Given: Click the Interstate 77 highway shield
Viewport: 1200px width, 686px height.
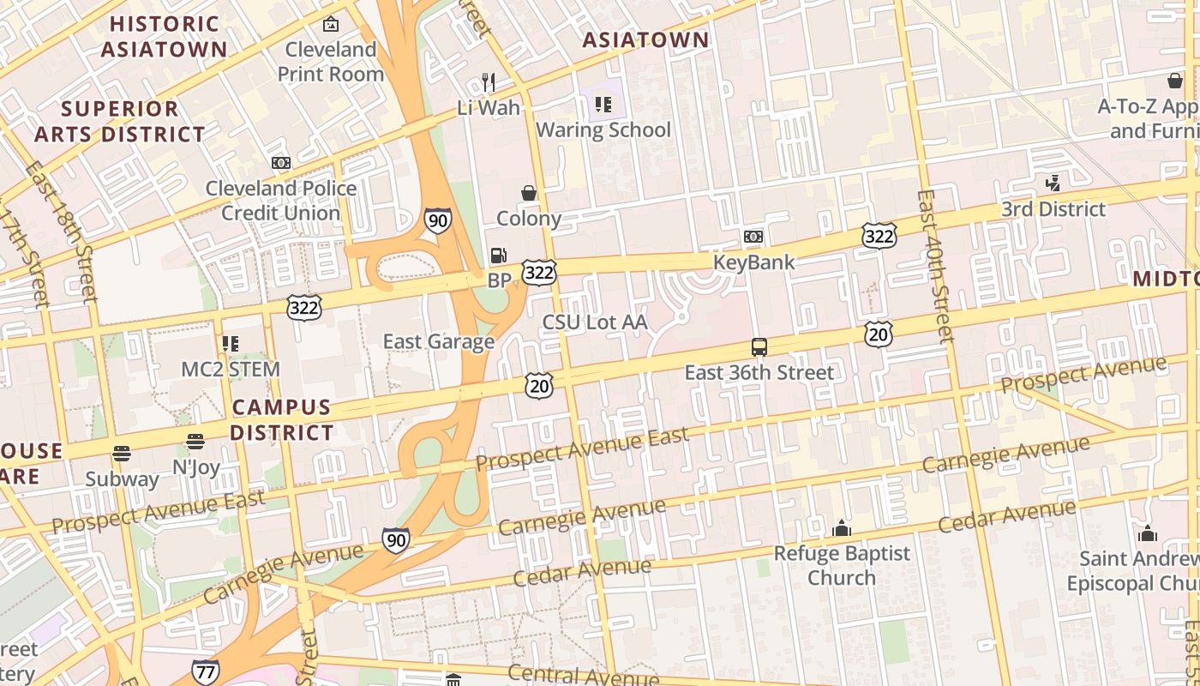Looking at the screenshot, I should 206,672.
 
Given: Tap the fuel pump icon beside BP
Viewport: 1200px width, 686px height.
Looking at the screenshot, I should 498,256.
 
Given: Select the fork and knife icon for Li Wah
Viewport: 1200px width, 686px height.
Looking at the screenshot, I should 489,82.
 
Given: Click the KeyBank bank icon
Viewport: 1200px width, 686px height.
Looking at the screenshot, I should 753,237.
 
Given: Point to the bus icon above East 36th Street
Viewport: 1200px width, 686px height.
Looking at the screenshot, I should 759,347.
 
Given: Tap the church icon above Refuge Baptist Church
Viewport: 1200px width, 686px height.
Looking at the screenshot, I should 842,528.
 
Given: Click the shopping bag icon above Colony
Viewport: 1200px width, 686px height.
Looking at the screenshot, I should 529,193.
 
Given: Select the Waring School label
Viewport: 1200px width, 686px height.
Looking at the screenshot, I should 603,130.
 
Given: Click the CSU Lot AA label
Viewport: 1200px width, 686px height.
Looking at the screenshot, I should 595,322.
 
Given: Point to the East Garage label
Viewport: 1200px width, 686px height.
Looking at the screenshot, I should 439,341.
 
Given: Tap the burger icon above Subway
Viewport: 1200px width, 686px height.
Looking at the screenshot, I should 122,454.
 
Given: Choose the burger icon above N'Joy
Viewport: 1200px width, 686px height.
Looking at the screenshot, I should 195,442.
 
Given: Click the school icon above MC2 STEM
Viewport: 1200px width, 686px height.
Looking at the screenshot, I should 230,344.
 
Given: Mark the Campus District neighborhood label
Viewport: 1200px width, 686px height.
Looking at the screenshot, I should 281,419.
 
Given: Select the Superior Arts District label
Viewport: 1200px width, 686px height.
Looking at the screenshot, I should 120,122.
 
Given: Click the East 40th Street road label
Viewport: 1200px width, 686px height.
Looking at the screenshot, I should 933,266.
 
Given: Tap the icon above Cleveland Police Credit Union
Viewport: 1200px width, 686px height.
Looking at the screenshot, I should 281,163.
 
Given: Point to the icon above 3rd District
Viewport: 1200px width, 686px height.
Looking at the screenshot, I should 1053,183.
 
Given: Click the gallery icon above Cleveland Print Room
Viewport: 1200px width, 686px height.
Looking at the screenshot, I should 330,25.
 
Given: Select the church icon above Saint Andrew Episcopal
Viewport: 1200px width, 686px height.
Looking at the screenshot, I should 1148,534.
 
